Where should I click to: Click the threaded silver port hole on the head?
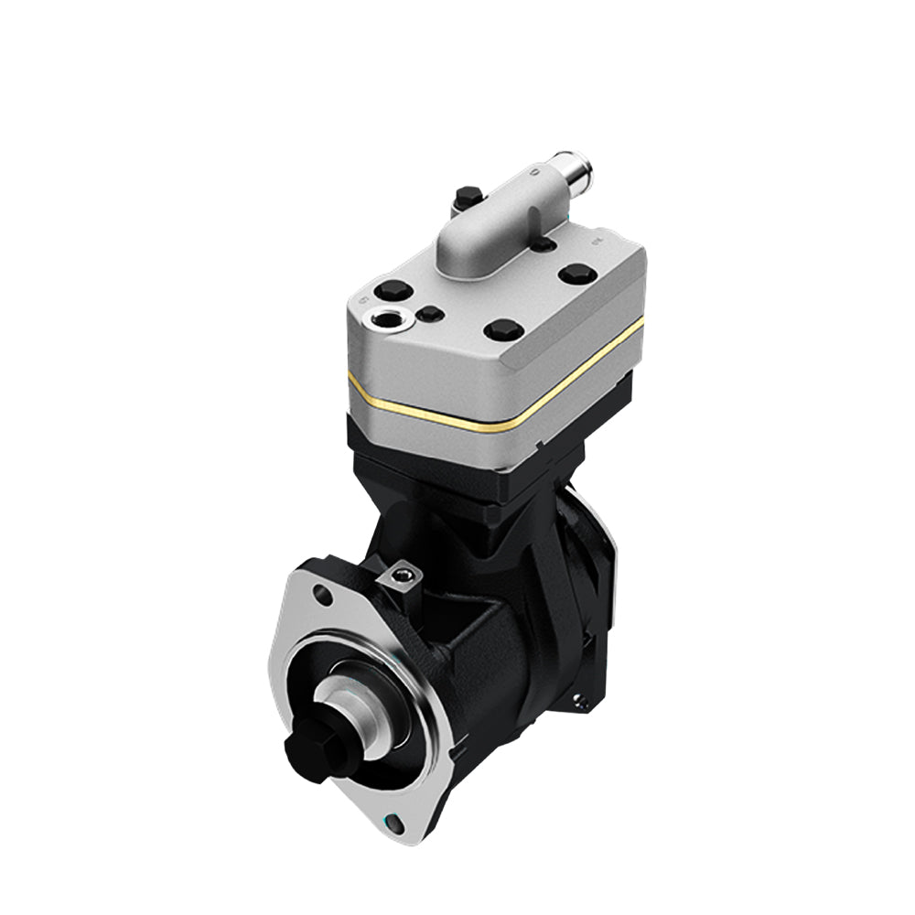(382, 319)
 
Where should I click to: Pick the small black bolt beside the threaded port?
(429, 314)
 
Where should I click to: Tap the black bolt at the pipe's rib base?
(544, 244)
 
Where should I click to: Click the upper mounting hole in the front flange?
(321, 596)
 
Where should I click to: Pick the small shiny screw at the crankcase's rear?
(578, 702)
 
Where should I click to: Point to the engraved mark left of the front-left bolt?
(363, 299)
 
